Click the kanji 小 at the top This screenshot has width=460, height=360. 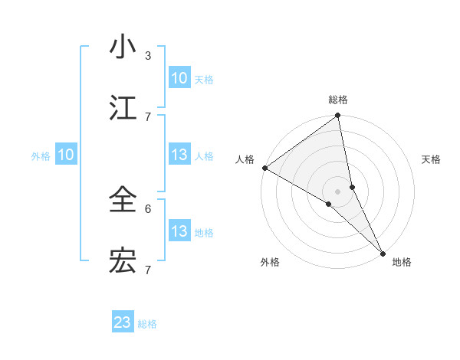pos(123,47)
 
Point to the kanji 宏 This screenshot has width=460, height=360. pos(123,261)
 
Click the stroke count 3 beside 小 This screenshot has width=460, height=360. pos(148,55)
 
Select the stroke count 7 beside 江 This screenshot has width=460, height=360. pos(148,116)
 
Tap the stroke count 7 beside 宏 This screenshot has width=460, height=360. pos(148,270)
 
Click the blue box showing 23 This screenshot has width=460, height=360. pos(123,322)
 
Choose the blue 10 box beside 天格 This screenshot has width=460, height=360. pos(179,78)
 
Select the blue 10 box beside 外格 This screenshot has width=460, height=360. pos(66,155)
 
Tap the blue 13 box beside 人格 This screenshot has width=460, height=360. pos(179,155)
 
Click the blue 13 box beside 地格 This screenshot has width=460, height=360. pos(179,231)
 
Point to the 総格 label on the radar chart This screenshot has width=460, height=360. pos(338,100)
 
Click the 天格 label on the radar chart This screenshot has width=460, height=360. pos(432,159)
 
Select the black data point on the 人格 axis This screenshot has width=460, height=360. pos(264,168)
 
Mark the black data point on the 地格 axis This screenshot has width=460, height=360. pos(383,252)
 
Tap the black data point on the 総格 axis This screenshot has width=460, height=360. pos(338,116)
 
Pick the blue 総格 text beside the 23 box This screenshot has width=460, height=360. pos(147,324)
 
